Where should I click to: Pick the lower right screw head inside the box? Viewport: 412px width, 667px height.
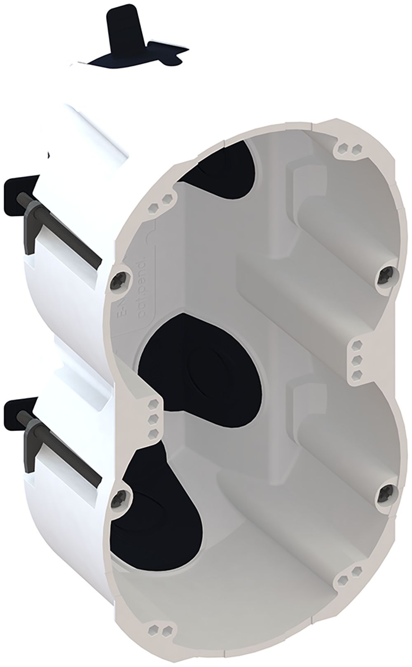tap(387, 491)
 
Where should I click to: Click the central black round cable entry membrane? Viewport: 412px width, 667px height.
tap(200, 363)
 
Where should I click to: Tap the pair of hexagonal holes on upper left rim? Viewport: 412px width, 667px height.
tap(161, 202)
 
